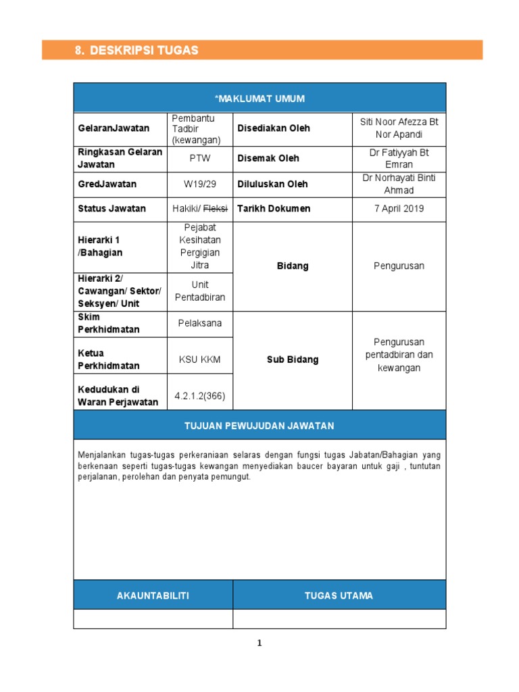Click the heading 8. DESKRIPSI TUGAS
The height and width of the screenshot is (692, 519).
(137, 51)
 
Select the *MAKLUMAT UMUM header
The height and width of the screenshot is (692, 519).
(259, 99)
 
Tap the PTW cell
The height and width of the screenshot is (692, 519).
(199, 158)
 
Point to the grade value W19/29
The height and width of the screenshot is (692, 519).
(199, 184)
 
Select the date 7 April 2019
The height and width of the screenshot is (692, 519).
(399, 208)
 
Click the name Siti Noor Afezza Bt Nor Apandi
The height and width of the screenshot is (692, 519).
(399, 128)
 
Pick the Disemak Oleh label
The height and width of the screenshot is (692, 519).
(268, 158)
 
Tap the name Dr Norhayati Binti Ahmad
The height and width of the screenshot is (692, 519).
(399, 184)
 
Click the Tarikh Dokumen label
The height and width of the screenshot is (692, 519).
(274, 208)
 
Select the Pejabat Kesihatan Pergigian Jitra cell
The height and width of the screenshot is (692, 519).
(199, 247)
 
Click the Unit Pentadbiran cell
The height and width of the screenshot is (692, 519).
(199, 291)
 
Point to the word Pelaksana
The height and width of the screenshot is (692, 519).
(199, 323)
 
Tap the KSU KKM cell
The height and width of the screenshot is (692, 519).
(199, 360)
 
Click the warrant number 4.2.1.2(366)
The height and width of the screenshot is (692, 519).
(199, 396)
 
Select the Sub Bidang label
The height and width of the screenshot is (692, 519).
(292, 360)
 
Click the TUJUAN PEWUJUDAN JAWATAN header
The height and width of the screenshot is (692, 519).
(259, 426)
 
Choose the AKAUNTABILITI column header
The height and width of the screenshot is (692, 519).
(153, 595)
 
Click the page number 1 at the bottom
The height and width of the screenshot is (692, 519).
(259, 644)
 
